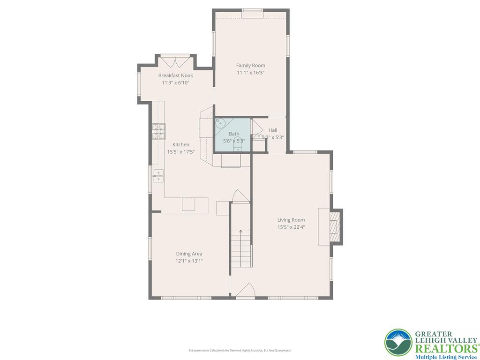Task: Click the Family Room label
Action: point(250,66)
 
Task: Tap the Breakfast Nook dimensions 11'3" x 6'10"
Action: point(175,83)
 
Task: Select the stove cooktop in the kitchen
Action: point(158,131)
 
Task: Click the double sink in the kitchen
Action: point(158,176)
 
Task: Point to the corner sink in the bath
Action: point(220,123)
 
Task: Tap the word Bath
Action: point(234,134)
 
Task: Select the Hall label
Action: point(273,130)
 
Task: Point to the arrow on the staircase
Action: point(241,231)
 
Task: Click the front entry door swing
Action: point(245,291)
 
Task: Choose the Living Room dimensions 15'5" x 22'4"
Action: point(291,227)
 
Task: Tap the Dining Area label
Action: point(189,254)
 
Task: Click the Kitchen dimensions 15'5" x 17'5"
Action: point(181,152)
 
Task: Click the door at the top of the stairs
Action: point(240,196)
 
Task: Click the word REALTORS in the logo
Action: point(445,348)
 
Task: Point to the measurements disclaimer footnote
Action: point(240,351)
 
